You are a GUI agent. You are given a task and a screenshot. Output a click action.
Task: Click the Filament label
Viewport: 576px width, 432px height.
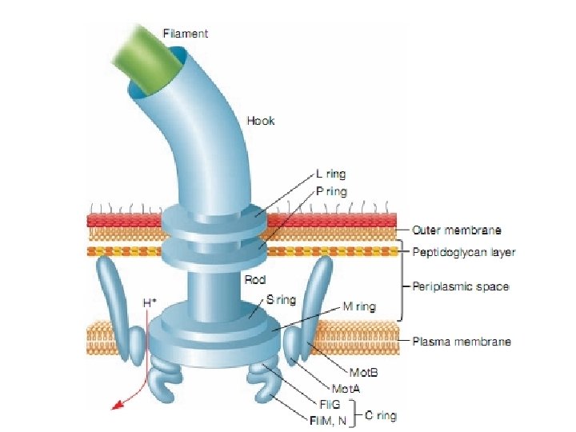pos(186,34)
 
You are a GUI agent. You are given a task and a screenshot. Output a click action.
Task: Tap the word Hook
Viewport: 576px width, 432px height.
pos(261,121)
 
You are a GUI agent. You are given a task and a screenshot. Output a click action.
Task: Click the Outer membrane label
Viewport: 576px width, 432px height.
pos(457,230)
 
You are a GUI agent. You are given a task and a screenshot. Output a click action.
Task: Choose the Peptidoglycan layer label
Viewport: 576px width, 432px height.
pos(464,252)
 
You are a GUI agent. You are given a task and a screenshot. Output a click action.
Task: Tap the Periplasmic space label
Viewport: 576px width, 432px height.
pos(460,286)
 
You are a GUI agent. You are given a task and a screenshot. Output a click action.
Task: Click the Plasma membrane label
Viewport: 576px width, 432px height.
pos(461,342)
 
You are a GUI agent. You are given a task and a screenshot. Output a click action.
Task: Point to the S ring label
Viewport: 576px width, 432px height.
pos(281,300)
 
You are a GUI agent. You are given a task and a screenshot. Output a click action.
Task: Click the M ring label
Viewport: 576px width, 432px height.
pos(359,306)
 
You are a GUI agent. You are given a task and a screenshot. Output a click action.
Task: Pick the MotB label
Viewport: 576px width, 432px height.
pos(365,373)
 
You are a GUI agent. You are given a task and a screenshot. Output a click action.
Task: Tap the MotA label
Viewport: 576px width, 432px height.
pos(346,387)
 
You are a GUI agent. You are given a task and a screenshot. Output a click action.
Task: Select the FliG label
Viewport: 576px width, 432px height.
pos(330,404)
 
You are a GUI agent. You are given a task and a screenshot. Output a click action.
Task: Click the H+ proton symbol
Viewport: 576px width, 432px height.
pos(149,303)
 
